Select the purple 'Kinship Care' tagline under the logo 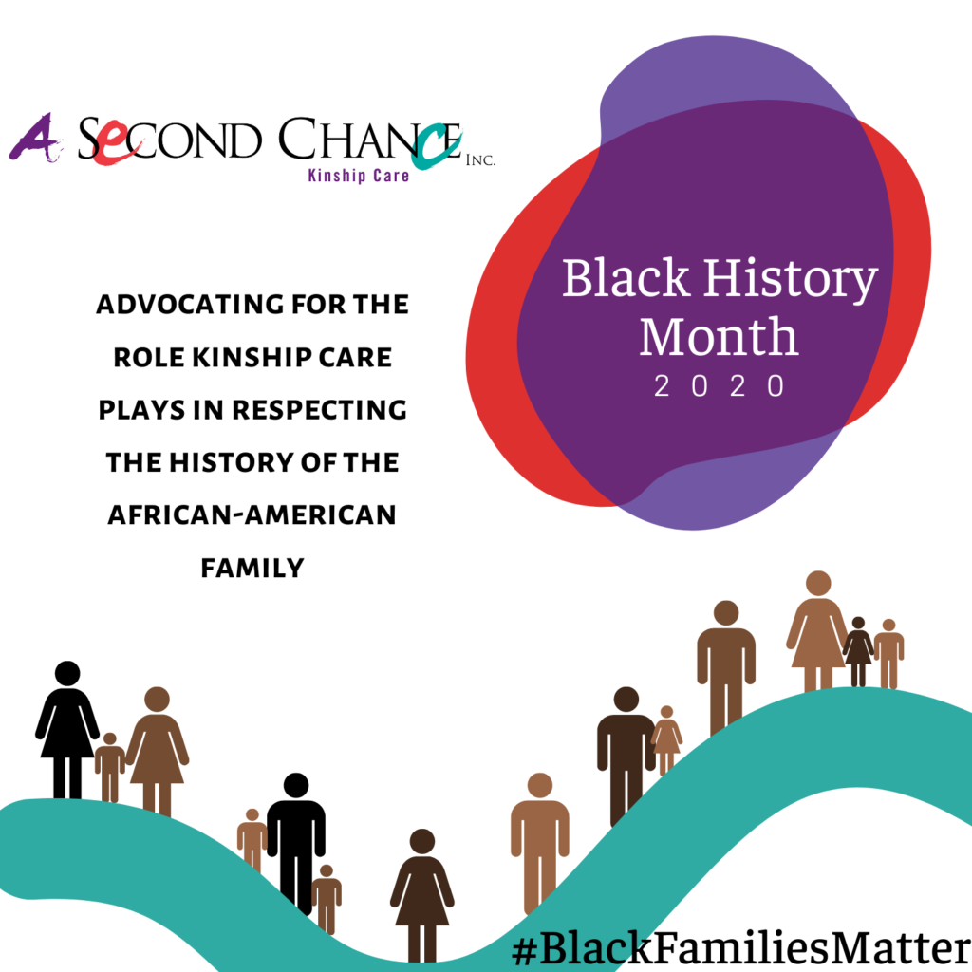359,176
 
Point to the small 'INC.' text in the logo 480,160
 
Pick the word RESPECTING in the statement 319,410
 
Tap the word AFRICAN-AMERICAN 252,515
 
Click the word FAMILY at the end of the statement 252,568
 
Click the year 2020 720,385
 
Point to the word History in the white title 791,280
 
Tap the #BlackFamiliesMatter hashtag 741,947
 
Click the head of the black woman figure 67,673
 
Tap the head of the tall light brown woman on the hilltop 818,584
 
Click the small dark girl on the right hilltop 858,651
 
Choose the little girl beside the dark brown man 666,739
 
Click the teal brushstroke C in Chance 437,146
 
